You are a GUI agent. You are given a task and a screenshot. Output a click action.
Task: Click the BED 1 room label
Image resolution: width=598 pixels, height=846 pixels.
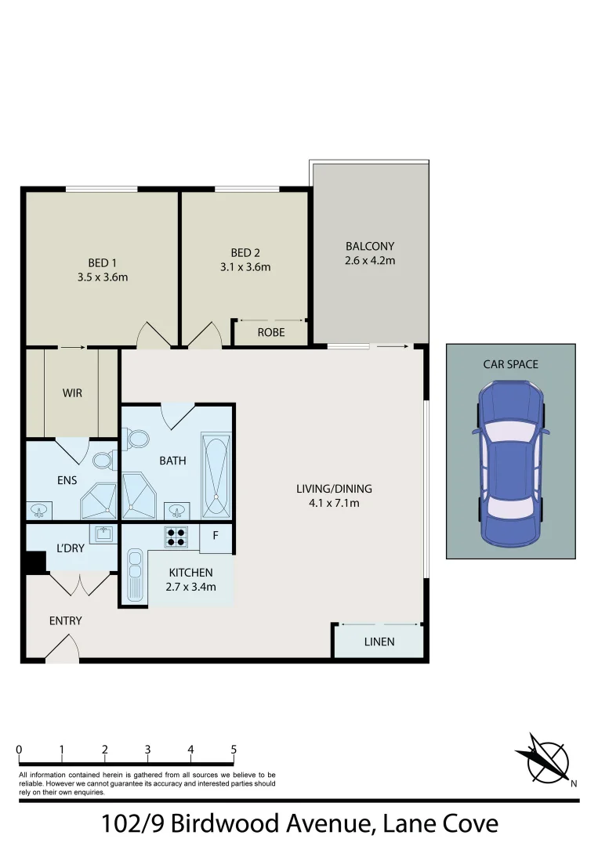[x=101, y=263]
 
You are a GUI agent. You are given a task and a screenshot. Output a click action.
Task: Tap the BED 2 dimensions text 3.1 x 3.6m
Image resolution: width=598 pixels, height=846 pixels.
[x=245, y=267]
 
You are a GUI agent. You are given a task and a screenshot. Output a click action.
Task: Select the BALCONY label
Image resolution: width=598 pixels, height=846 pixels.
[x=370, y=246]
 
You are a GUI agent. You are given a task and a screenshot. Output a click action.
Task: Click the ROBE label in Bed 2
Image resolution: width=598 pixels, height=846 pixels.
[x=270, y=332]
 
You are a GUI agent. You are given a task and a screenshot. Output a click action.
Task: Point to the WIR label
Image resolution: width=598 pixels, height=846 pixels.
[x=73, y=392]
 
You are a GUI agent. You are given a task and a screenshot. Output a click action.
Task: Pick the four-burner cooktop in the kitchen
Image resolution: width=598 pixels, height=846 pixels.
[x=175, y=537]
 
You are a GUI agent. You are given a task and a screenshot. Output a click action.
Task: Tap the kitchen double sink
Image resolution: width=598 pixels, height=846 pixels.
[x=134, y=576]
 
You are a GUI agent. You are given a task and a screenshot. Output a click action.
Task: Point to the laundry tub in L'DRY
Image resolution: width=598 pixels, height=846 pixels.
[x=103, y=534]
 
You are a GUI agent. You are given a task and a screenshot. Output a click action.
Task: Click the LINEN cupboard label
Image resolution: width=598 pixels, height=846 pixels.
[x=379, y=642]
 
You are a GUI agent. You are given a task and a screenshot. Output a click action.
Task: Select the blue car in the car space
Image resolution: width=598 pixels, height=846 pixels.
[x=511, y=465]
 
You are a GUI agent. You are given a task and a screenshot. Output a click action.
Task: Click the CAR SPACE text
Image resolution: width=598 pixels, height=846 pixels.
[x=510, y=364]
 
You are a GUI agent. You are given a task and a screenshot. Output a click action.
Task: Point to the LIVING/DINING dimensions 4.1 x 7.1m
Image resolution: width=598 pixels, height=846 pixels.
[x=334, y=503]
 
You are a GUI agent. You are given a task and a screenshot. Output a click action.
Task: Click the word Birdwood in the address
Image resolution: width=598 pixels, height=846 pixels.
[x=233, y=825]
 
